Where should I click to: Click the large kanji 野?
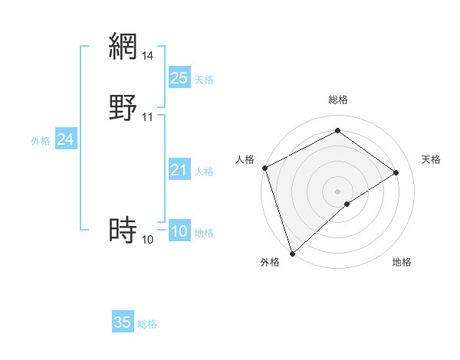[123, 108]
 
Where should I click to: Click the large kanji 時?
[123, 229]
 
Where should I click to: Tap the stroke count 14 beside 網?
[148, 55]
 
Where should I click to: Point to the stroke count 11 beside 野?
[148, 117]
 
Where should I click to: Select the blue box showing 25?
[179, 77]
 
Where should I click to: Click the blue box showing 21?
[179, 170]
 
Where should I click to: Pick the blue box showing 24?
[66, 139]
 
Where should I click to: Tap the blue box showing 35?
[123, 322]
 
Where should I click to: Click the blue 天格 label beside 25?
[204, 79]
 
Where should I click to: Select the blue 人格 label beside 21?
[204, 172]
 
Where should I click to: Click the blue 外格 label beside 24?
[41, 141]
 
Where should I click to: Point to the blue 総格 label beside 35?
[147, 324]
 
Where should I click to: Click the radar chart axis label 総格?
[338, 100]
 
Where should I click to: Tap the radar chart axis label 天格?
[431, 159]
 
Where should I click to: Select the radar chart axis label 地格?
[402, 262]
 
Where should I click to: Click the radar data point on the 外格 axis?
[291, 253]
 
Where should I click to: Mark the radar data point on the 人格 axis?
[264, 168]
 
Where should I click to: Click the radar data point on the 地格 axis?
[347, 204]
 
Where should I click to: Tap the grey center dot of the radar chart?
[338, 191]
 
